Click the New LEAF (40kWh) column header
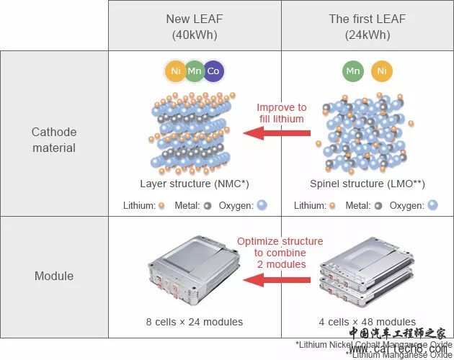(x=194, y=26)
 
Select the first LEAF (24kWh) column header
(x=367, y=26)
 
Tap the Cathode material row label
(x=54, y=140)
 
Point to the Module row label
(x=54, y=276)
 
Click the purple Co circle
(x=213, y=71)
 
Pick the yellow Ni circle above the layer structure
(x=175, y=71)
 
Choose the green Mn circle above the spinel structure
(x=353, y=71)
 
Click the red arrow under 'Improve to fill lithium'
(x=276, y=132)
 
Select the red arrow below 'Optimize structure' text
(x=276, y=279)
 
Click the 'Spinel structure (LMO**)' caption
(x=367, y=184)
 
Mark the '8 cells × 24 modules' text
(x=194, y=322)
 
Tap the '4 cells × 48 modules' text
(x=368, y=322)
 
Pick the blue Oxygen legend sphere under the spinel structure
(x=432, y=205)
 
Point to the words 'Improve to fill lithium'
(x=281, y=113)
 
